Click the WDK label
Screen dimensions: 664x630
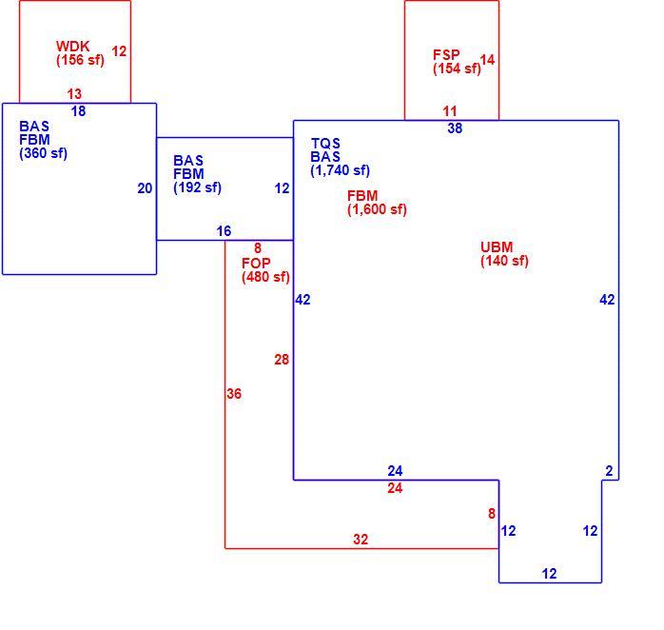click(73, 46)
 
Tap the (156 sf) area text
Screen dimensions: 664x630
click(80, 60)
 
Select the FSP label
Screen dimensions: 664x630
click(446, 54)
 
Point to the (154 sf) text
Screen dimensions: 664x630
click(457, 69)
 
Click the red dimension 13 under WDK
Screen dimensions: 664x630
click(74, 93)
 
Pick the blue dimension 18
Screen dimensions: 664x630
click(78, 111)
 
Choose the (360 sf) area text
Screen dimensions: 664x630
click(43, 153)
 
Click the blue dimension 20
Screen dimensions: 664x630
click(145, 188)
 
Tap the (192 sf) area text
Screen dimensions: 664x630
click(197, 187)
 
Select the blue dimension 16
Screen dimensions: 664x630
click(224, 231)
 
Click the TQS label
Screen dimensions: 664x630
click(325, 143)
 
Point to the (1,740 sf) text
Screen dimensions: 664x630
click(340, 170)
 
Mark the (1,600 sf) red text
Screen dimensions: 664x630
click(377, 209)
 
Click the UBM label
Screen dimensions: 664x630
click(497, 246)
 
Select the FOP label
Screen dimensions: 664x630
click(256, 263)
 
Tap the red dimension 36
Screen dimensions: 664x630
click(234, 394)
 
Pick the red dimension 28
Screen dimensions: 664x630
click(282, 360)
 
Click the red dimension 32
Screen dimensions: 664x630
click(361, 540)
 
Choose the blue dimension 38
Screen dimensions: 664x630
click(455, 128)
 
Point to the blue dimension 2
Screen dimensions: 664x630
click(609, 471)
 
